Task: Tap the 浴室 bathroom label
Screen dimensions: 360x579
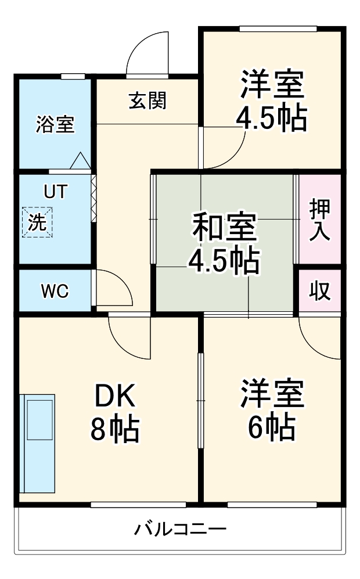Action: (x=55, y=124)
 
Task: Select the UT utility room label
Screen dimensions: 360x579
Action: (x=55, y=191)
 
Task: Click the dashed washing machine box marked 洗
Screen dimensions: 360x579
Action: (x=37, y=222)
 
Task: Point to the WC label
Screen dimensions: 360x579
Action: (x=55, y=292)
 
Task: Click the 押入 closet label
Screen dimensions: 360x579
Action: (x=320, y=220)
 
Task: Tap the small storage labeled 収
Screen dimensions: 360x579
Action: (x=320, y=290)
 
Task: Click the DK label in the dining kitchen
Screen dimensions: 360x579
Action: (x=115, y=395)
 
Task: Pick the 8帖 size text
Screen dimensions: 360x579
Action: (x=115, y=429)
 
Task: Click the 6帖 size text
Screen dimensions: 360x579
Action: (x=272, y=427)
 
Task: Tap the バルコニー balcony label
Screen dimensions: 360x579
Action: (x=180, y=530)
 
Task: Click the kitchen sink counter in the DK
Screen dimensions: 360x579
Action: (x=37, y=443)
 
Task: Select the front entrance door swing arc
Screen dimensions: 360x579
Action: (x=141, y=44)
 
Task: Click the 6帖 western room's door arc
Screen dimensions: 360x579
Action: (x=310, y=347)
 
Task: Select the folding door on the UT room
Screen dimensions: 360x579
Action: (x=93, y=199)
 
